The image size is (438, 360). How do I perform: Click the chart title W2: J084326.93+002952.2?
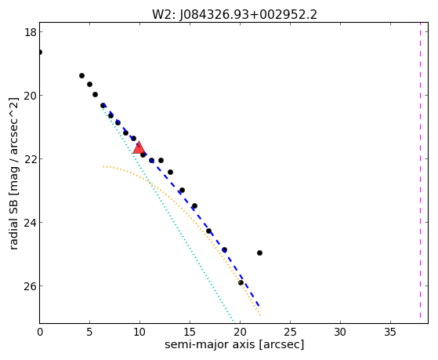(234, 14)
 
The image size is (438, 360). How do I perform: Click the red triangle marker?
(139, 148)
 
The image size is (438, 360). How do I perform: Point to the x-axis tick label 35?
(390, 332)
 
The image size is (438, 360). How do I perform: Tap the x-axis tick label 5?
(89, 332)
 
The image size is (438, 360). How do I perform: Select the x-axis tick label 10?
(139, 332)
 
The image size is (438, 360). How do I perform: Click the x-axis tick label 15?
(190, 332)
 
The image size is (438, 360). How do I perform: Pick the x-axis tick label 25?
(290, 332)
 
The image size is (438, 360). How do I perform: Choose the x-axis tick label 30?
(340, 332)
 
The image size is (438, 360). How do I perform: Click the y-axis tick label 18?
(31, 32)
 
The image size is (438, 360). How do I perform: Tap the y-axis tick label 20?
(31, 96)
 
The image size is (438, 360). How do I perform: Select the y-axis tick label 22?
(31, 159)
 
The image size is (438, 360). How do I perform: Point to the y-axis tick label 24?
(31, 223)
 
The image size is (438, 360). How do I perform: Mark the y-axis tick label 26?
(31, 285)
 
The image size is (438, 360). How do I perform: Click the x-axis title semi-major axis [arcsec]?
(234, 344)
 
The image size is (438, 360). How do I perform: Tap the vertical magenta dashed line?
(420, 173)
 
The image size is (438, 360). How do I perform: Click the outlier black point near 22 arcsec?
(259, 253)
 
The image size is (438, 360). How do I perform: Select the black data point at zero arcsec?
(40, 52)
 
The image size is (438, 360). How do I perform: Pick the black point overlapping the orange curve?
(241, 282)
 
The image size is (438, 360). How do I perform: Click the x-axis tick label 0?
(40, 332)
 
